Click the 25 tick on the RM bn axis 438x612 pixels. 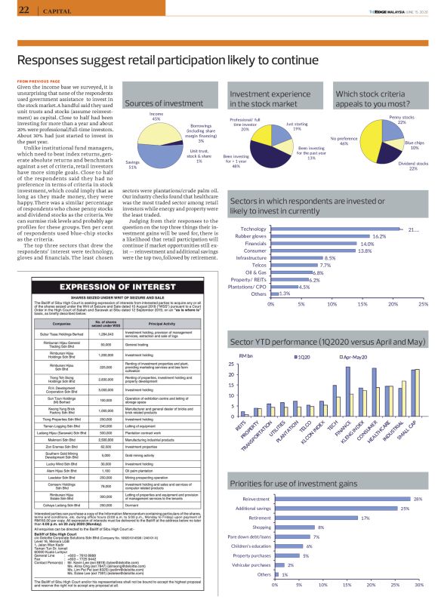[x=233, y=364]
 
